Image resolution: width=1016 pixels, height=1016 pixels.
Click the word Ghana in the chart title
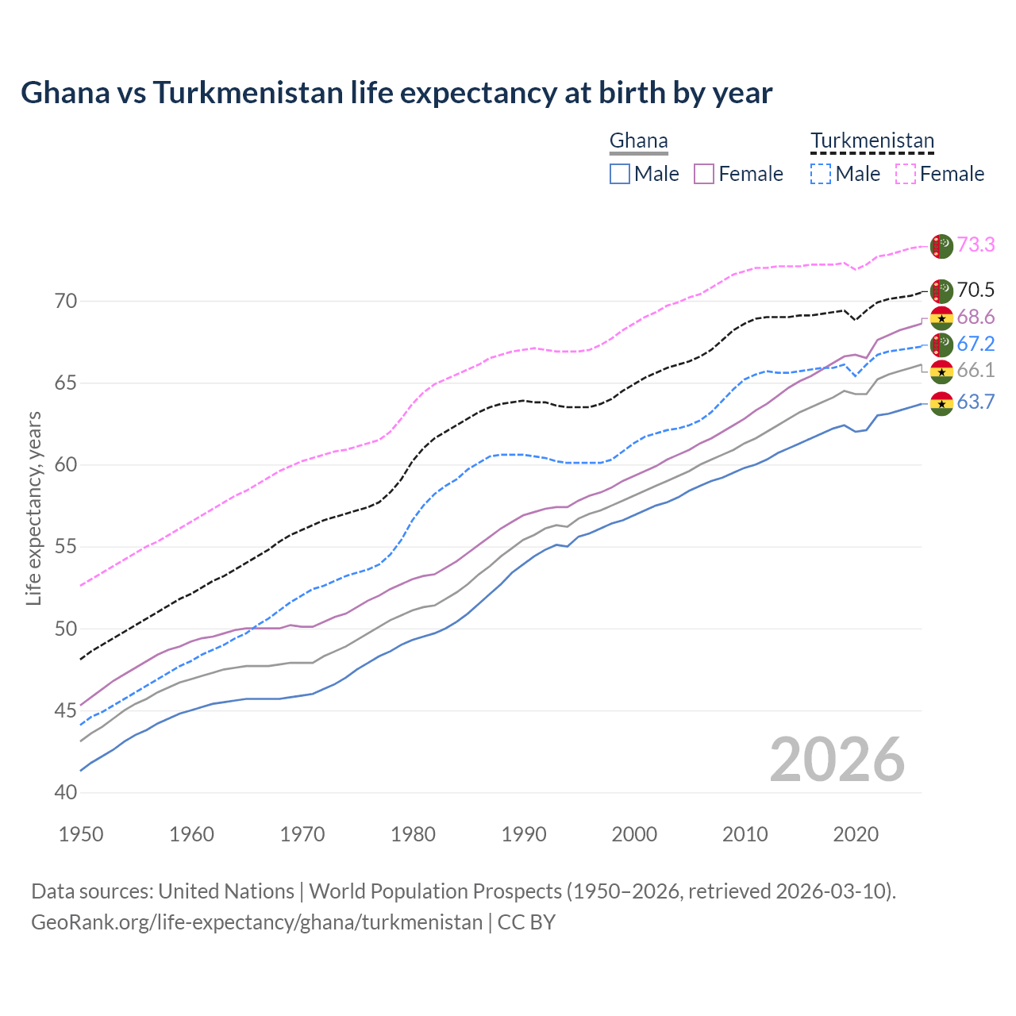click(65, 93)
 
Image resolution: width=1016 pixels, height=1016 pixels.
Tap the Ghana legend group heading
click(638, 141)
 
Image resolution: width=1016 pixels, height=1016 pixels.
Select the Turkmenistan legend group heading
click(872, 141)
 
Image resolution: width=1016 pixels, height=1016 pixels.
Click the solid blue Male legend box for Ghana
click(620, 174)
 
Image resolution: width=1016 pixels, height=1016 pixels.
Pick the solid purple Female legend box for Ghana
click(704, 174)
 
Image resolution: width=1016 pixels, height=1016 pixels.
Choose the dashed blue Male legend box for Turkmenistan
click(821, 174)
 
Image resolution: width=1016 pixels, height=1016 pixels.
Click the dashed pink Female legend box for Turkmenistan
click(905, 174)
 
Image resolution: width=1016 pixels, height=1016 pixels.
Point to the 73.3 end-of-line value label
click(976, 244)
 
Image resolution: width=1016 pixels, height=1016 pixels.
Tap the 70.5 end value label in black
click(976, 290)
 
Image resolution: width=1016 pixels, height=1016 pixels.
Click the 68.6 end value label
click(976, 317)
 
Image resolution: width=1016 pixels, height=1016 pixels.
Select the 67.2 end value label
click(976, 344)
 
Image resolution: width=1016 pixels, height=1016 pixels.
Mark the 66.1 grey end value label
click(976, 370)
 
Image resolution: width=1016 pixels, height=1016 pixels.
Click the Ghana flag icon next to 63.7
click(941, 403)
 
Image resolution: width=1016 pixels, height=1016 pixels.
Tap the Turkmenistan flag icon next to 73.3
click(941, 246)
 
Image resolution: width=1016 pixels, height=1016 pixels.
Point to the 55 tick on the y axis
click(67, 547)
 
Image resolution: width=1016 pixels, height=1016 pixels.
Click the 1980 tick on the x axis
click(414, 834)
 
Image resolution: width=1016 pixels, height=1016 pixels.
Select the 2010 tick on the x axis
click(745, 834)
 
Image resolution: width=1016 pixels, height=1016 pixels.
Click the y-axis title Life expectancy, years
click(34, 508)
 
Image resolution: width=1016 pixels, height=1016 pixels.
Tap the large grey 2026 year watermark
click(837, 760)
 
